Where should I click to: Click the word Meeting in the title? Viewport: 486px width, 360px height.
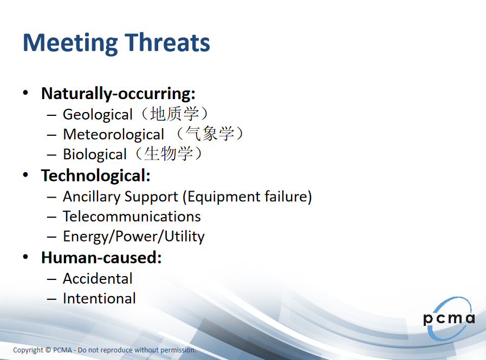pyautogui.click(x=70, y=43)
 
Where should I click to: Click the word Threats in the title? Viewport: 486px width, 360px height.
pyautogui.click(x=167, y=42)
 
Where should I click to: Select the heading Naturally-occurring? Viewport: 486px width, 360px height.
pyautogui.click(x=118, y=94)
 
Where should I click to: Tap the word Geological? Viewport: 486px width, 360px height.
pyautogui.click(x=98, y=115)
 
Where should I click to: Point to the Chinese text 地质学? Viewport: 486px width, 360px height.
pyautogui.click(x=174, y=114)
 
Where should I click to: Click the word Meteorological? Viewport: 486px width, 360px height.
pyautogui.click(x=113, y=134)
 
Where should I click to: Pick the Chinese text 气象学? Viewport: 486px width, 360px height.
pyautogui.click(x=210, y=134)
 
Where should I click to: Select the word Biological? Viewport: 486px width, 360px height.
pyautogui.click(x=95, y=154)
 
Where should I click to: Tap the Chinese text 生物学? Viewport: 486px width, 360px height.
pyautogui.click(x=169, y=153)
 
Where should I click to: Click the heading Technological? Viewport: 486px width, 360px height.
pyautogui.click(x=96, y=175)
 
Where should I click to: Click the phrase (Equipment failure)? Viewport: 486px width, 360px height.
pyautogui.click(x=247, y=197)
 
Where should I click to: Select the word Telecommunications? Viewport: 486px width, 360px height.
pyautogui.click(x=132, y=216)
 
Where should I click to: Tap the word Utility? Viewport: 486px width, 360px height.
pyautogui.click(x=184, y=237)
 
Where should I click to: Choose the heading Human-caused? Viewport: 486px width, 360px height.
pyautogui.click(x=101, y=258)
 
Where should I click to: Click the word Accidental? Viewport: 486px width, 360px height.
pyautogui.click(x=98, y=278)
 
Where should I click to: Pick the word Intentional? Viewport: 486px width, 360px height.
pyautogui.click(x=99, y=298)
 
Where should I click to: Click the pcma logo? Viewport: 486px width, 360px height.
pyautogui.click(x=449, y=318)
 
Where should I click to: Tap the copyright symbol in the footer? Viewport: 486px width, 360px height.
pyautogui.click(x=48, y=350)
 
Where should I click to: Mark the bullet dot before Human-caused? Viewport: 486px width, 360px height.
pyautogui.click(x=25, y=257)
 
